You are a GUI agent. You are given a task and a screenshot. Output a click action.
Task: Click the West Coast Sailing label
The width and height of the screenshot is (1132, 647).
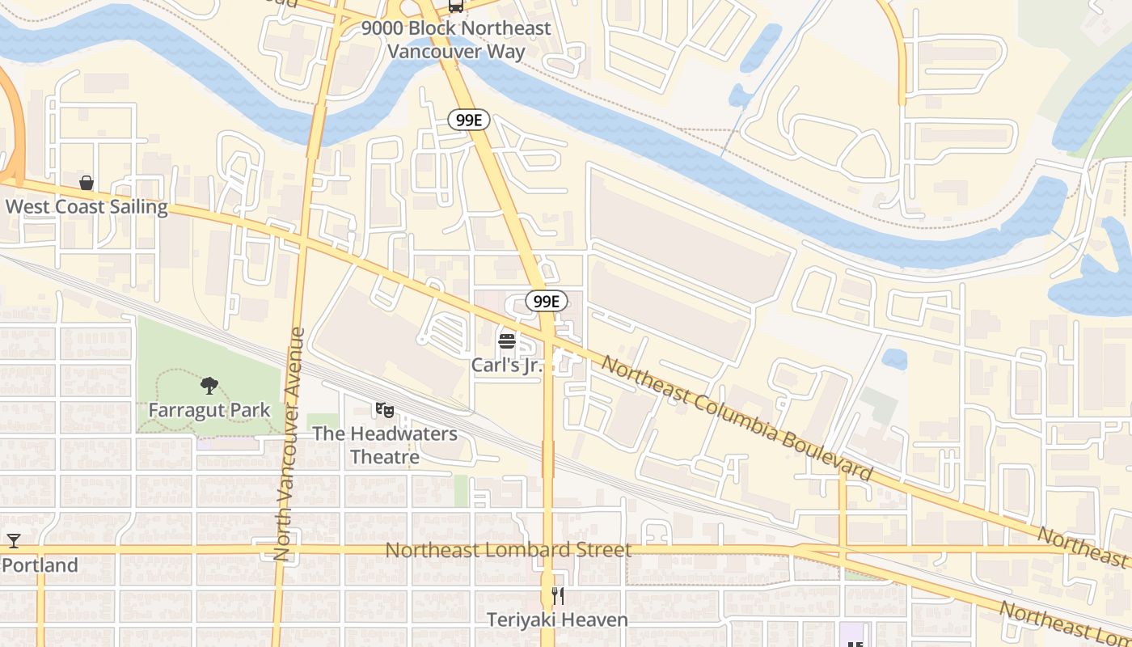click(87, 206)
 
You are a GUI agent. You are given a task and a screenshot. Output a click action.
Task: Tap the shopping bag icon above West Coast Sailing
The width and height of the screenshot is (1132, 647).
click(87, 184)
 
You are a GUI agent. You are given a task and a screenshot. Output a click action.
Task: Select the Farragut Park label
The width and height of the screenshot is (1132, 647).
click(209, 409)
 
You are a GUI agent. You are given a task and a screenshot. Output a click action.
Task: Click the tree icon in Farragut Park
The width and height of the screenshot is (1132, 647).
click(209, 385)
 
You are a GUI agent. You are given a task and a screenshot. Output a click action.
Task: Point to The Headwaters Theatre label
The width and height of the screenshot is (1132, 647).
click(385, 445)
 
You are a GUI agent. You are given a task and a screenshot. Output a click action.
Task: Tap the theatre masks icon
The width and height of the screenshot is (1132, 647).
click(384, 411)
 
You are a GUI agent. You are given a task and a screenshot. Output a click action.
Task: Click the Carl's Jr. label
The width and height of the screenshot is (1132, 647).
click(506, 365)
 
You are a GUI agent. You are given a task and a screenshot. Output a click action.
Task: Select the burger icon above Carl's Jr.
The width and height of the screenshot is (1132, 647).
click(507, 341)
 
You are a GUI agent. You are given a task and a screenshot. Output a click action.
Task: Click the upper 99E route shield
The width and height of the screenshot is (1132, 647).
click(469, 121)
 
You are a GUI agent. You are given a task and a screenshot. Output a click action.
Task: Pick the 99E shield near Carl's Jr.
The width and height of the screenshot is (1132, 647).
click(547, 302)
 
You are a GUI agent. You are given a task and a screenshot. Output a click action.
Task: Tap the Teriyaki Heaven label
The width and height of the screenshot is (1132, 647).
click(557, 620)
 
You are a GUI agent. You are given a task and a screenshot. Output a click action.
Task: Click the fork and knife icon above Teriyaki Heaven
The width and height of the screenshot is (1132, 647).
click(557, 597)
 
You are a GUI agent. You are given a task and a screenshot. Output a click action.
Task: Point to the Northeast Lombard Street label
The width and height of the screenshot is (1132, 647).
click(508, 550)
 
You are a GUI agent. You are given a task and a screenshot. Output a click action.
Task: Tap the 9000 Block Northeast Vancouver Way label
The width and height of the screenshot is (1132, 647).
click(456, 40)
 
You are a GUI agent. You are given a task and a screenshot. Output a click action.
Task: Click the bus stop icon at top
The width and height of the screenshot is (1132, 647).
click(456, 6)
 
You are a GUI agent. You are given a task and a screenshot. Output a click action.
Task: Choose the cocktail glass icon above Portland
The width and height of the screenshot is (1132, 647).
click(13, 541)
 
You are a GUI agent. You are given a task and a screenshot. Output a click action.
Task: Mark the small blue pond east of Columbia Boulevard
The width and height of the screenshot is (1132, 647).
click(894, 359)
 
